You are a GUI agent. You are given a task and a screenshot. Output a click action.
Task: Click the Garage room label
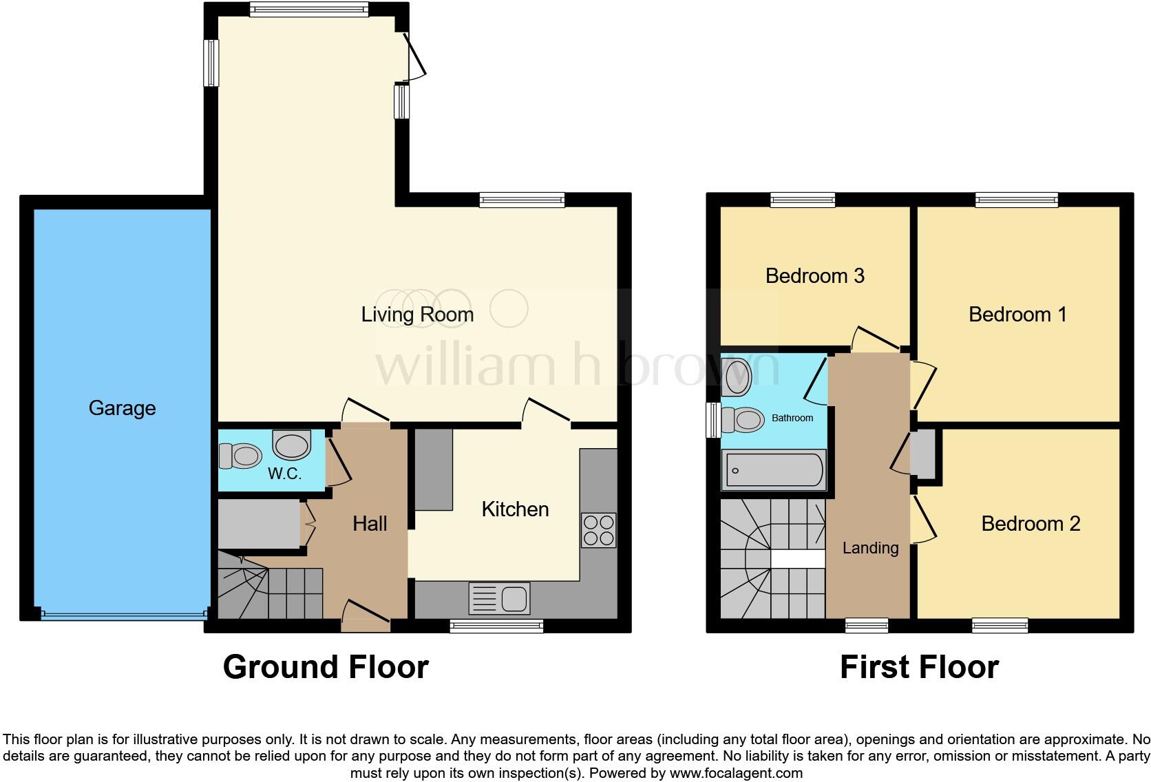(122, 408)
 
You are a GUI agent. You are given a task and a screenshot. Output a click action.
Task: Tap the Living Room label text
(417, 315)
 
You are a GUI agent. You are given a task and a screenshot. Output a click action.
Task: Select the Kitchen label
(515, 509)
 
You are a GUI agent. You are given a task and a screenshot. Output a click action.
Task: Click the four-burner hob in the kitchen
(598, 530)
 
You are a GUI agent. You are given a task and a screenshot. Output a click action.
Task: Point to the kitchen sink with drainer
(499, 598)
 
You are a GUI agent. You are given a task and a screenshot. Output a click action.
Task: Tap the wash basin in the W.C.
(292, 445)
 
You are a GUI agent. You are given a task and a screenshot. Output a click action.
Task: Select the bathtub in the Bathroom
(774, 470)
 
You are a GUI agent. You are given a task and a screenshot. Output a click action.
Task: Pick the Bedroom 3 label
(814, 276)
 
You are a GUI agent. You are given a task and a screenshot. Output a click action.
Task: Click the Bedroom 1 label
(1017, 315)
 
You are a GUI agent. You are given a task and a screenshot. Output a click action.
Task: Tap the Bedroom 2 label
(1031, 524)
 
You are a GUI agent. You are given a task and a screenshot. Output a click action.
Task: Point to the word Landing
(871, 548)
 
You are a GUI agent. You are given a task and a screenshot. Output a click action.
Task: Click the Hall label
(370, 524)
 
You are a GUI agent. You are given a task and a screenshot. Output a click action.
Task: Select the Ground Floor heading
(326, 667)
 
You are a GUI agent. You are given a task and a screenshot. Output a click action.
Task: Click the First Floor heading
(919, 667)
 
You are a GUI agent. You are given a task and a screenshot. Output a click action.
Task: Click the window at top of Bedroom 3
(803, 200)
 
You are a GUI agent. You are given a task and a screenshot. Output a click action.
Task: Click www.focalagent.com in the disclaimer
(736, 773)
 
